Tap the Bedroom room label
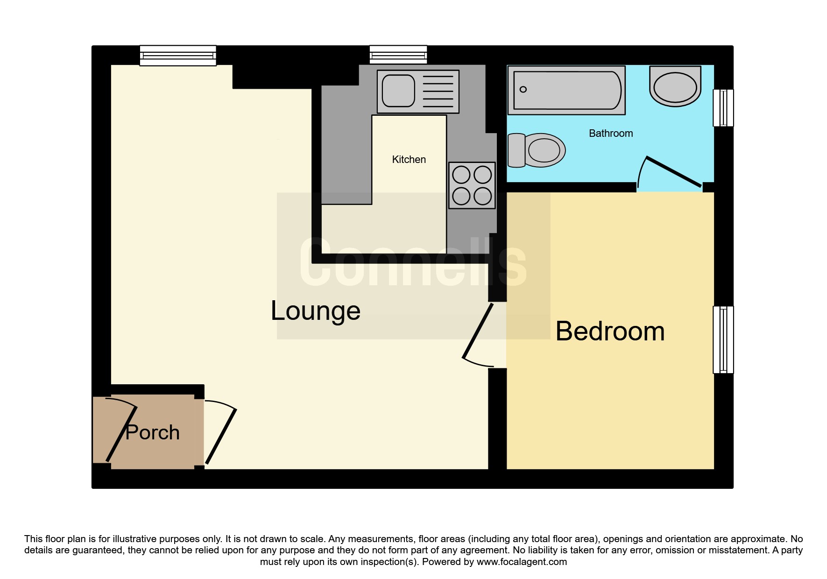(x=610, y=332)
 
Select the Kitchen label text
(x=409, y=160)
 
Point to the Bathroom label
(x=611, y=134)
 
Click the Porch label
(x=153, y=432)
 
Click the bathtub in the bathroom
(x=566, y=90)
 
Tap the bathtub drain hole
(x=523, y=89)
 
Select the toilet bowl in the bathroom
(x=537, y=150)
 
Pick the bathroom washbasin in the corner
(x=675, y=86)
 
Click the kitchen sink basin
(x=398, y=91)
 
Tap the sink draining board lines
(x=438, y=92)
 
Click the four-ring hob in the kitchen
(x=472, y=185)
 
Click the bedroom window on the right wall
(x=723, y=339)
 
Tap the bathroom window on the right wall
(x=723, y=108)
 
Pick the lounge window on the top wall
(x=178, y=56)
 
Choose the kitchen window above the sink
(x=398, y=55)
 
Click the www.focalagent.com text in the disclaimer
(x=522, y=562)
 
